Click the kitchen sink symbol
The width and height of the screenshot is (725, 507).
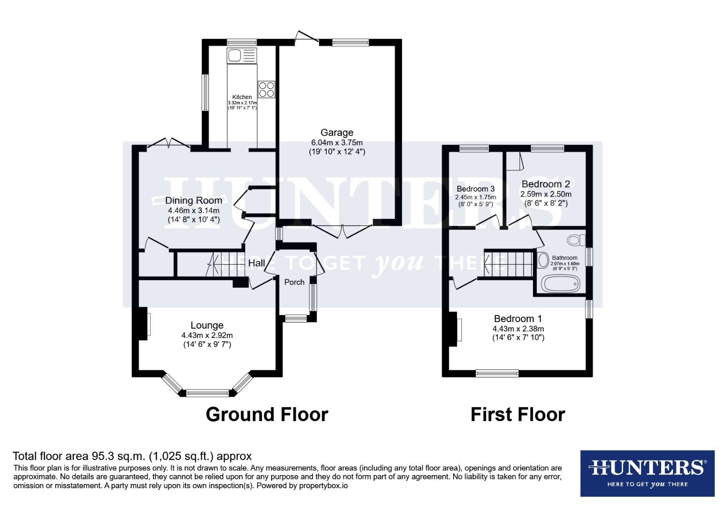pyautogui.click(x=241, y=55)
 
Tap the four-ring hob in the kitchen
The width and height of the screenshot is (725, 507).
pyautogui.click(x=266, y=89)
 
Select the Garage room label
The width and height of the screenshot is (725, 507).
pyautogui.click(x=337, y=132)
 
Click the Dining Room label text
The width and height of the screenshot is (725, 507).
pyautogui.click(x=193, y=200)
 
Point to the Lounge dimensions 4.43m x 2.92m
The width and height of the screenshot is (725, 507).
pyautogui.click(x=207, y=335)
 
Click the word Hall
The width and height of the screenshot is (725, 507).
pyautogui.click(x=256, y=263)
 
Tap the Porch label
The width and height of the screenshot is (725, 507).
pyautogui.click(x=294, y=282)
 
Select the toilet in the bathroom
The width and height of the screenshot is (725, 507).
pyautogui.click(x=575, y=240)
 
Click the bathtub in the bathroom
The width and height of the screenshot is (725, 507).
pyautogui.click(x=561, y=284)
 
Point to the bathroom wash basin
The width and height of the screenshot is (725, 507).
pyautogui.click(x=543, y=260)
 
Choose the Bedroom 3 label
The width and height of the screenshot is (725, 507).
pyautogui.click(x=476, y=189)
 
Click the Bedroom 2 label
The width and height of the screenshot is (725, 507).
pyautogui.click(x=546, y=184)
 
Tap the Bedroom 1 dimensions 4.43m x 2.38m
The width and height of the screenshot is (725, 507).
pyautogui.click(x=518, y=329)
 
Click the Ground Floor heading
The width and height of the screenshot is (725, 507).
pyautogui.click(x=267, y=415)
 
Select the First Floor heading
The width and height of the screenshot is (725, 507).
pyautogui.click(x=517, y=415)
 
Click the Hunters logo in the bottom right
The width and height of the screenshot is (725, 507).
pyautogui.click(x=647, y=473)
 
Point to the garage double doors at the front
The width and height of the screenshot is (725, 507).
pyautogui.click(x=342, y=230)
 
